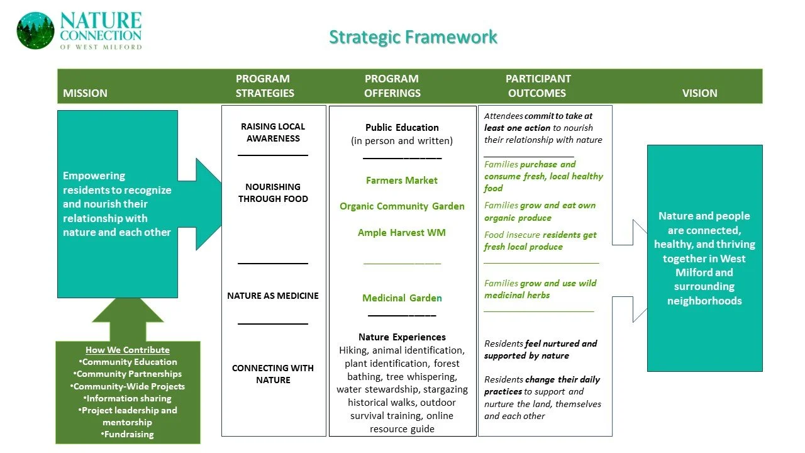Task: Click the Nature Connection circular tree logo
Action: [x=35, y=31]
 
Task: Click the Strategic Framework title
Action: [x=413, y=37]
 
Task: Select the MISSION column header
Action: [x=85, y=93]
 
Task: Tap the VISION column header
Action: [x=699, y=93]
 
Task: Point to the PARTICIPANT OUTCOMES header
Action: [x=538, y=86]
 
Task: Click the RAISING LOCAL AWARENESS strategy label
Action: [x=273, y=133]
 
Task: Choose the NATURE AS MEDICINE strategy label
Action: [x=273, y=296]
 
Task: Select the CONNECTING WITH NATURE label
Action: [x=273, y=374]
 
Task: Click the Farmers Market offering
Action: [x=402, y=181]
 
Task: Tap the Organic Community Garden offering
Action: [x=402, y=206]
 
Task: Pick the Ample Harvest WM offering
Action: [x=402, y=233]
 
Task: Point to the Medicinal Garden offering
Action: [x=402, y=298]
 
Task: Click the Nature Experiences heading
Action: [x=402, y=337]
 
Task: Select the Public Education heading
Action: [x=402, y=128]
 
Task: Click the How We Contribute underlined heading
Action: [x=128, y=350]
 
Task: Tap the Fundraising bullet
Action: [x=128, y=434]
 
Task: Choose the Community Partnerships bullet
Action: [x=128, y=374]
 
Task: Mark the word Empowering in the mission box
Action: [x=94, y=176]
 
